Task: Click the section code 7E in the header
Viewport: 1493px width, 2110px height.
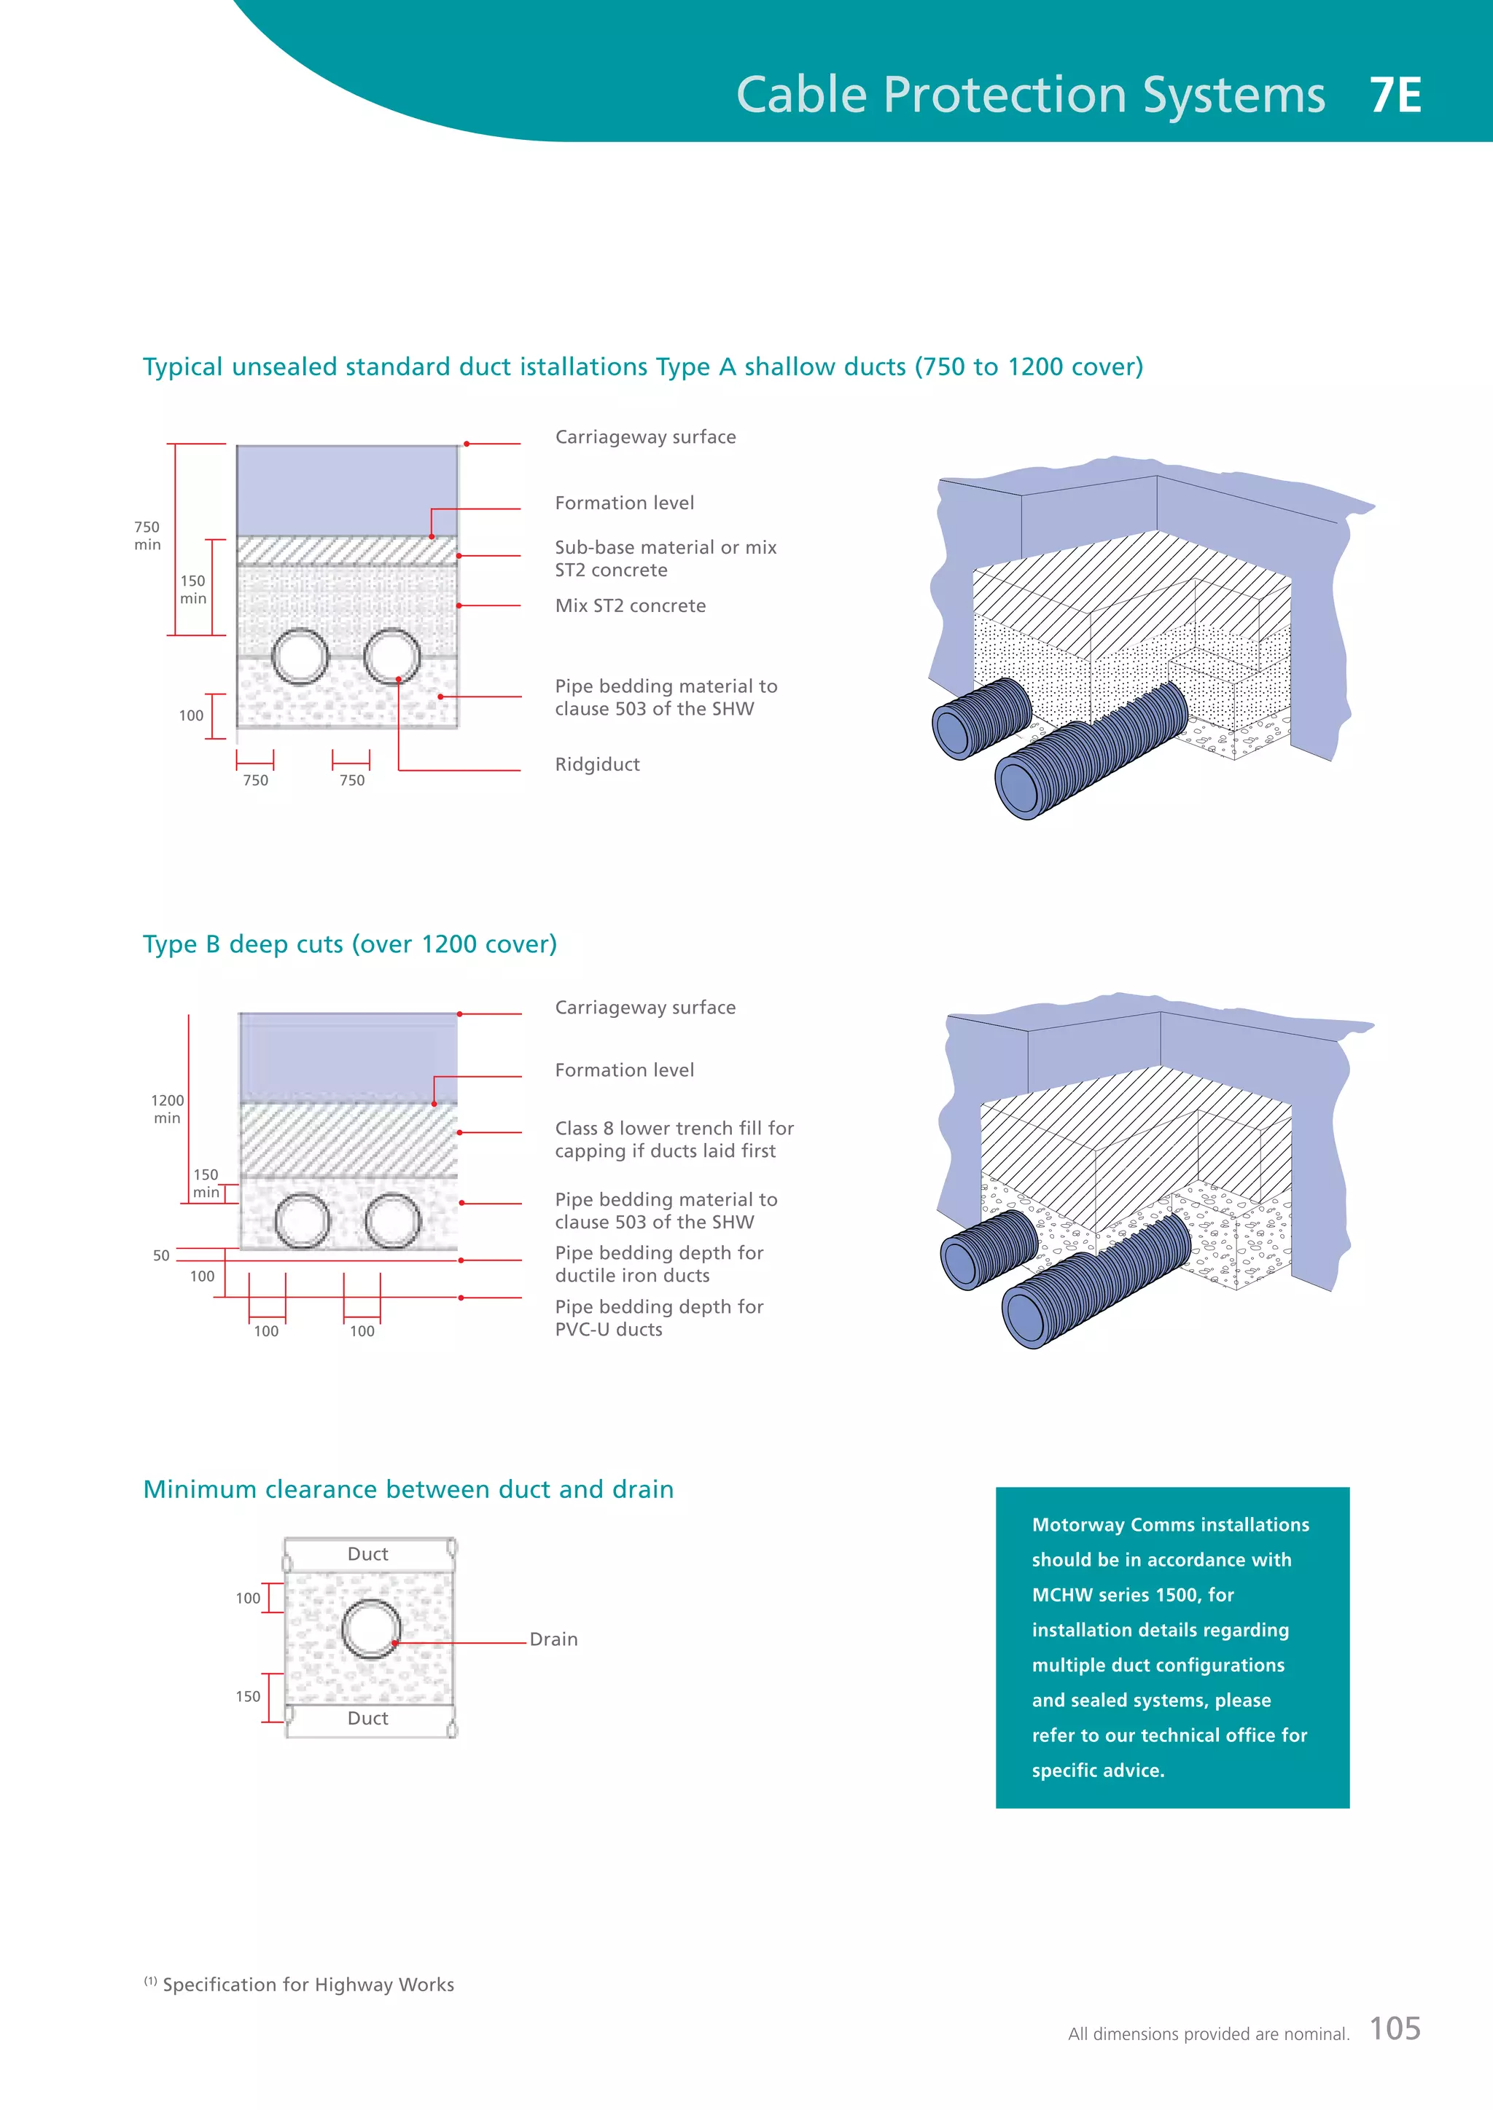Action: [1395, 95]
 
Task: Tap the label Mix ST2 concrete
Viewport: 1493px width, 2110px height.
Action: [630, 605]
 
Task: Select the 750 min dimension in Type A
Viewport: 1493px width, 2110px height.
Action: [147, 536]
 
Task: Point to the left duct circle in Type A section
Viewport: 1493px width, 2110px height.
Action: [300, 656]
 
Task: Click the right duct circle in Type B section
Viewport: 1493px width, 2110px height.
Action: [392, 1220]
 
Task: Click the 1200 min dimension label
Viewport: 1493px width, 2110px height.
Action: [168, 1108]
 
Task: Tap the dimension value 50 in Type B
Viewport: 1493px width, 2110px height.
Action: [161, 1255]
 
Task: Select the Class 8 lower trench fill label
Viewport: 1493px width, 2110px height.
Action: [673, 1140]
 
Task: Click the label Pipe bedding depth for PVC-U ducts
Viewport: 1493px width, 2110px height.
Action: [658, 1318]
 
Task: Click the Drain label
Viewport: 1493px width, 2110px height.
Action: [553, 1639]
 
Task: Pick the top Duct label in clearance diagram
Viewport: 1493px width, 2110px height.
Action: [367, 1554]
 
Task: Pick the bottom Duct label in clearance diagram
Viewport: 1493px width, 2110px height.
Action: [367, 1719]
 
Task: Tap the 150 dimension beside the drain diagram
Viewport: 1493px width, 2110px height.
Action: [247, 1696]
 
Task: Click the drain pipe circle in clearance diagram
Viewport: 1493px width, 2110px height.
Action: [370, 1628]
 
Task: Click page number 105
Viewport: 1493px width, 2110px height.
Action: [1395, 2028]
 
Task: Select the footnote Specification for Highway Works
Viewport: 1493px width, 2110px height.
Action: [308, 1985]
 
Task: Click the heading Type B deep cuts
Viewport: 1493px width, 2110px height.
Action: [349, 945]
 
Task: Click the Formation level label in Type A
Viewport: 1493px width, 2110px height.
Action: [624, 503]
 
